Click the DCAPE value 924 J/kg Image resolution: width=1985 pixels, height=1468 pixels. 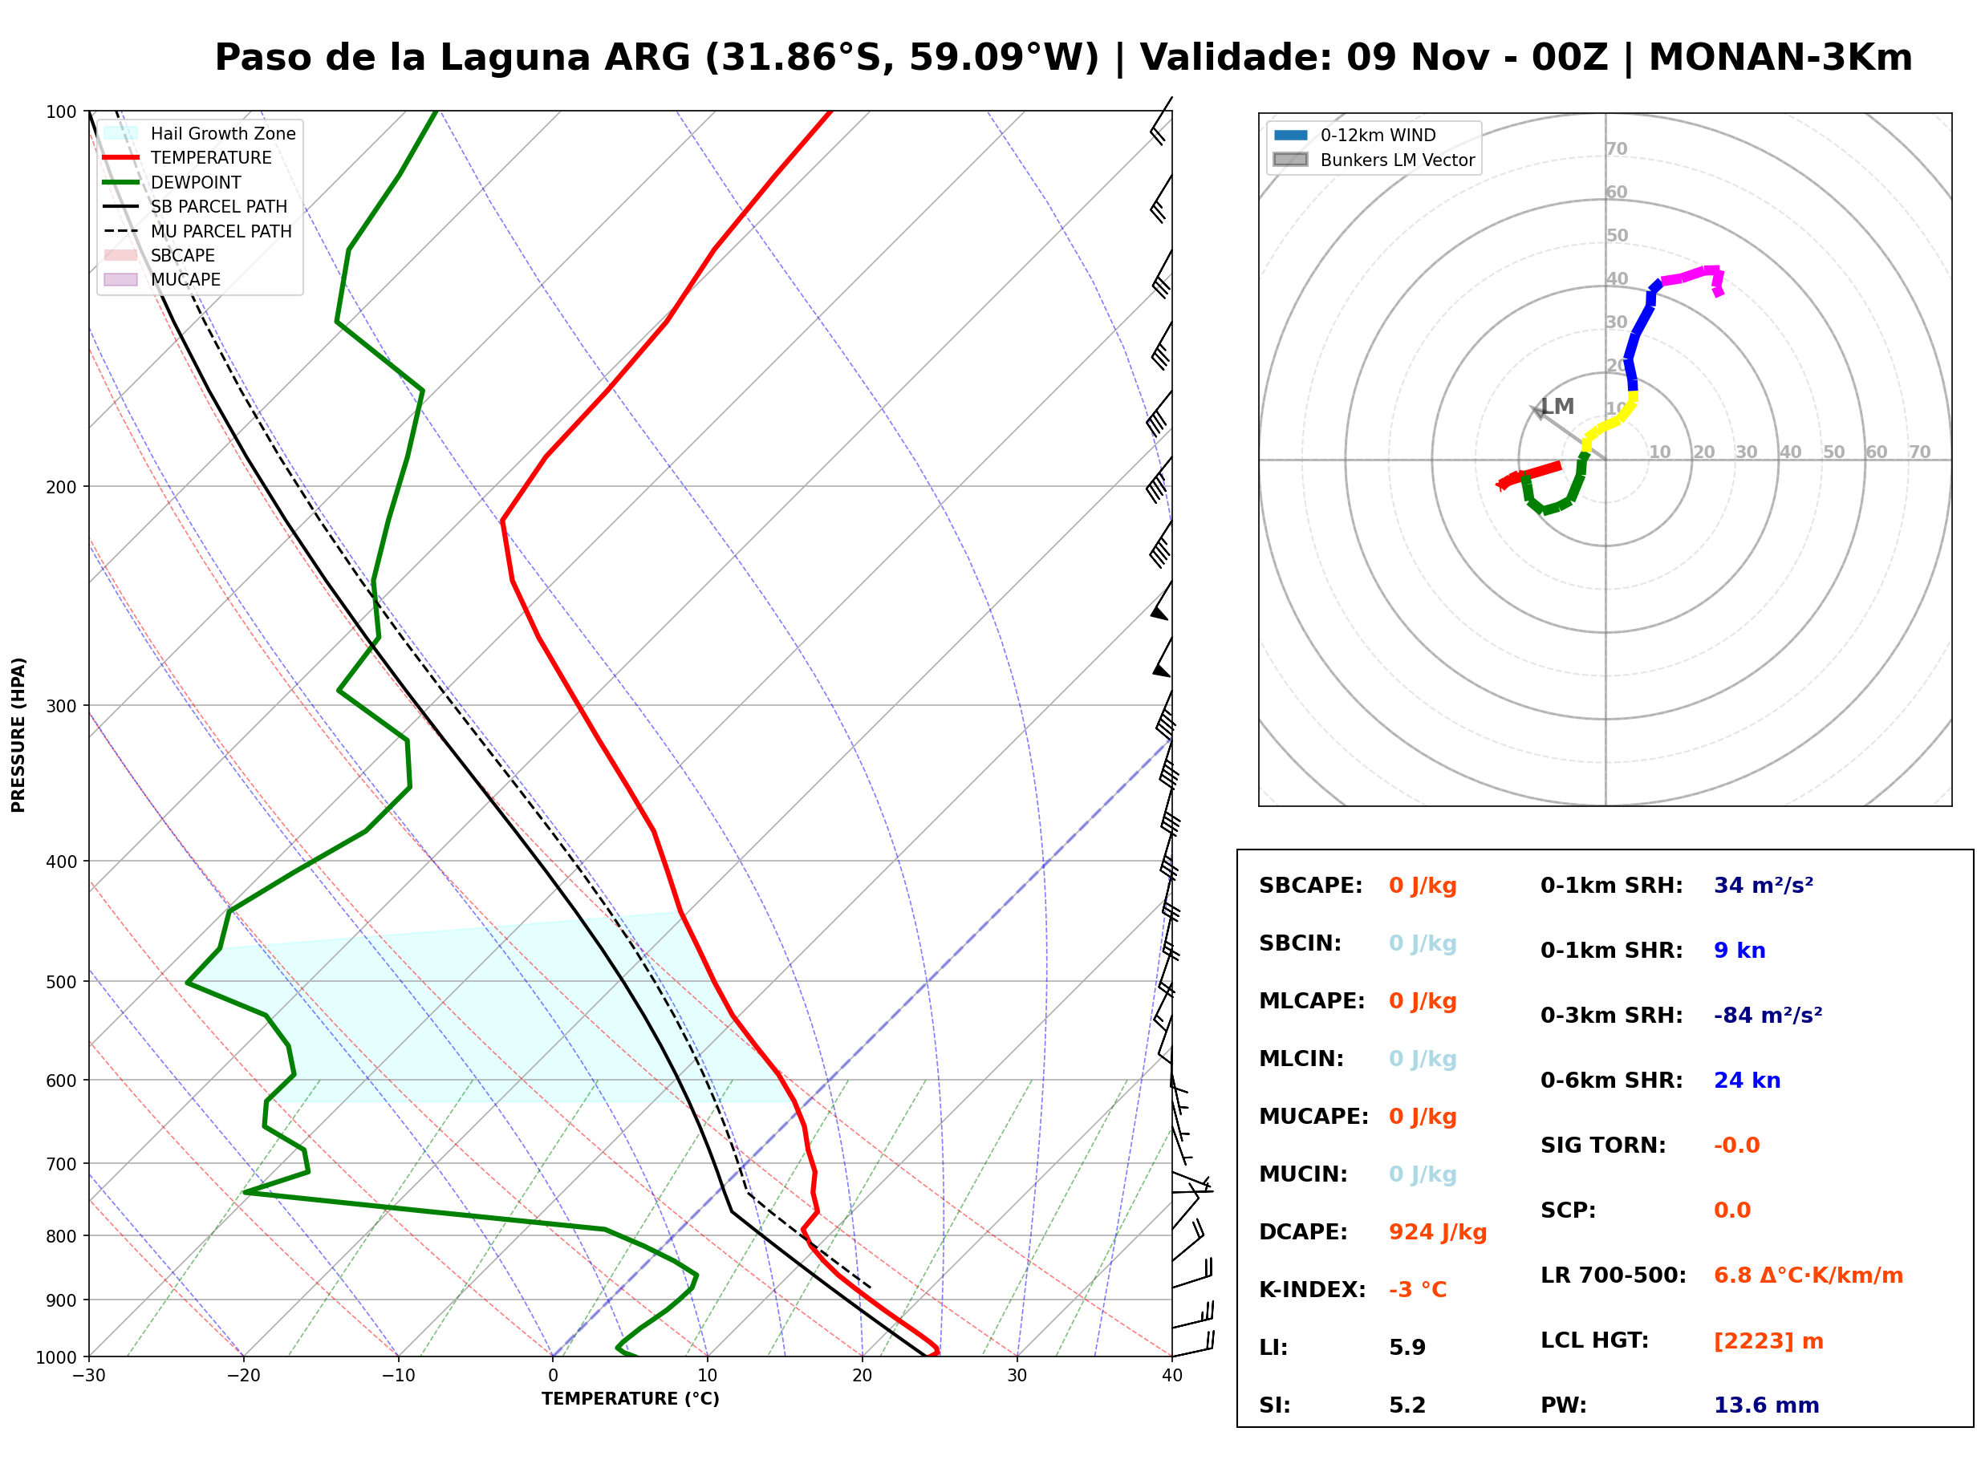pos(1437,1232)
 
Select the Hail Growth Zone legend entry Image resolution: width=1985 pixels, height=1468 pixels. pos(200,133)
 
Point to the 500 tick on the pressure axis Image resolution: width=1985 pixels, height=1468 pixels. pos(63,982)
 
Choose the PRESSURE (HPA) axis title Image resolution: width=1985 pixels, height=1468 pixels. pos(18,735)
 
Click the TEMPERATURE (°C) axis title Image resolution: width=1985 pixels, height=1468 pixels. pos(630,1399)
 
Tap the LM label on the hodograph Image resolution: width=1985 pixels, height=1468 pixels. pos(1557,406)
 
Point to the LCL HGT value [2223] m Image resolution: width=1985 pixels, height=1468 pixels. pos(1768,1341)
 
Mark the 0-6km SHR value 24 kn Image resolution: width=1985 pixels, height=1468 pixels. pos(1747,1081)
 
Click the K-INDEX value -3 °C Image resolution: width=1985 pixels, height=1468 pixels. pos(1417,1289)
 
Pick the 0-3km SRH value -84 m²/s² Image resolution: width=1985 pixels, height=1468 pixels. pos(1768,1015)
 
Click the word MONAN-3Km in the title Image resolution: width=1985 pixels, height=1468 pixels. pos(1780,58)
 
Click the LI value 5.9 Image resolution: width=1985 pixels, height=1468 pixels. pos(1407,1347)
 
